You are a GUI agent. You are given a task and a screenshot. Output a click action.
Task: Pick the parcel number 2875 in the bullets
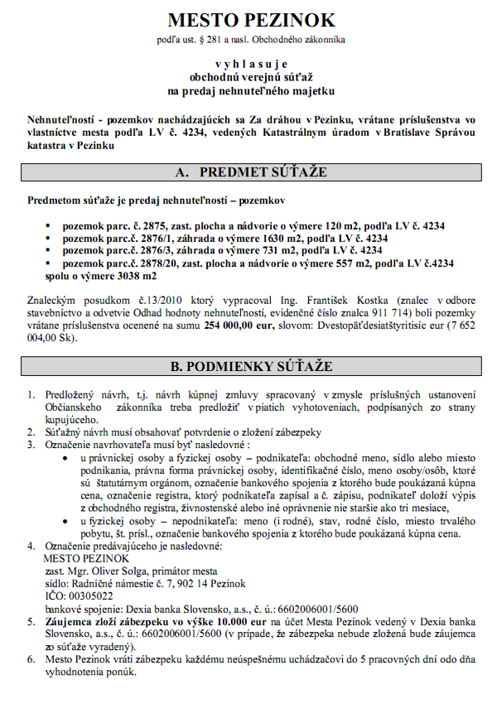(x=152, y=224)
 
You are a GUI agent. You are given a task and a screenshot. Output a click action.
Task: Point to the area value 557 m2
(x=359, y=262)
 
